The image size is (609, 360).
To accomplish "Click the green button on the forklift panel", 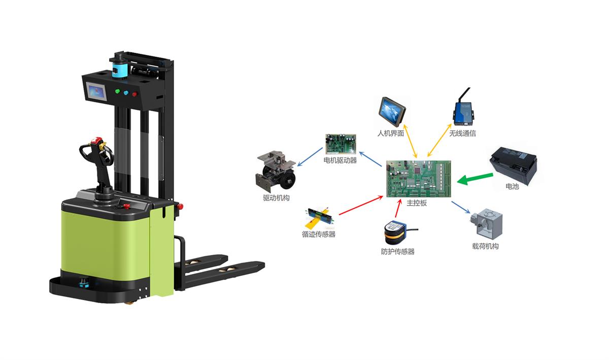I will [118, 92].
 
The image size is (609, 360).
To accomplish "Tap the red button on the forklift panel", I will [134, 93].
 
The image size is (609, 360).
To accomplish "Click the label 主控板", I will [417, 203].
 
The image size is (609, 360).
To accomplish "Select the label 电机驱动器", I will [340, 160].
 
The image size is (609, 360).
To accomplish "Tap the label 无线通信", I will [462, 134].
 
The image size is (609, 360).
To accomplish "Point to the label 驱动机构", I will [276, 198].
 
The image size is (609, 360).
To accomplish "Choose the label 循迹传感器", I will [318, 234].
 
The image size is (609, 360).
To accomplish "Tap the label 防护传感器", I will [397, 251].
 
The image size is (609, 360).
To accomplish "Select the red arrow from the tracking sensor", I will [361, 205].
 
